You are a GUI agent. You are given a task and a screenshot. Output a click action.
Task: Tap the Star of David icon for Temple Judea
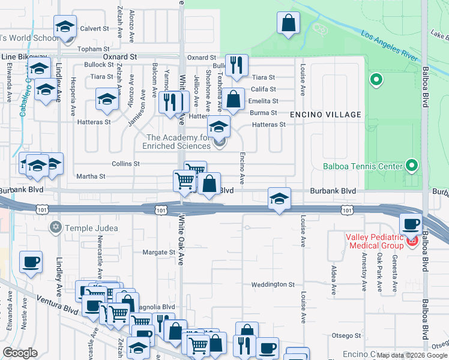coord(56,228)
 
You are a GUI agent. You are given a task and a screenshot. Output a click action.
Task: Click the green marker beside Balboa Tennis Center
coord(411,164)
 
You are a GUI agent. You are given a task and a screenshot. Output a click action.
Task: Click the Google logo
coord(20,353)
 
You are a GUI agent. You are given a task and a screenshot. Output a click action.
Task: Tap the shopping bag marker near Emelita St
coord(234,98)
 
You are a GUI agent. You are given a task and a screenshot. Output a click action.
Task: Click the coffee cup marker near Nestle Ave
coord(31,262)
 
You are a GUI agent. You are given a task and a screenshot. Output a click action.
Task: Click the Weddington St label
coord(273,284)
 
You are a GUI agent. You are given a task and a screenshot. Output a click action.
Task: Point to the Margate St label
coord(158,253)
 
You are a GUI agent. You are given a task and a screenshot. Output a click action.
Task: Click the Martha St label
coord(91,176)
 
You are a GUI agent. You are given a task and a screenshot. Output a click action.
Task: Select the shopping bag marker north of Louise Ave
coord(288,23)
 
